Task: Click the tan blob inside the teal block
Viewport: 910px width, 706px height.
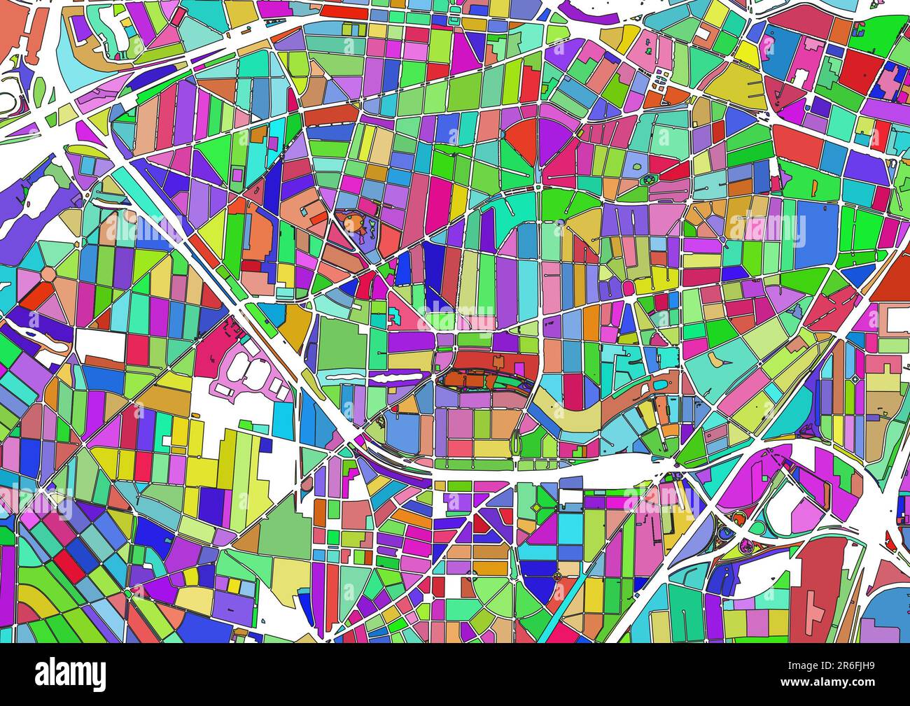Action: click(722, 359)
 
